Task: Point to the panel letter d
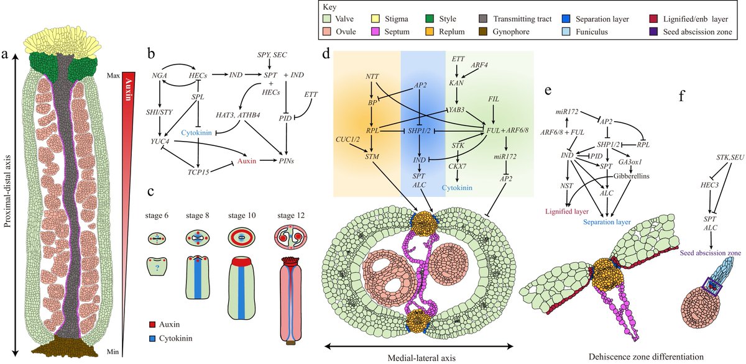click(326, 55)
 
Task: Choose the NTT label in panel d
click(374, 76)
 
